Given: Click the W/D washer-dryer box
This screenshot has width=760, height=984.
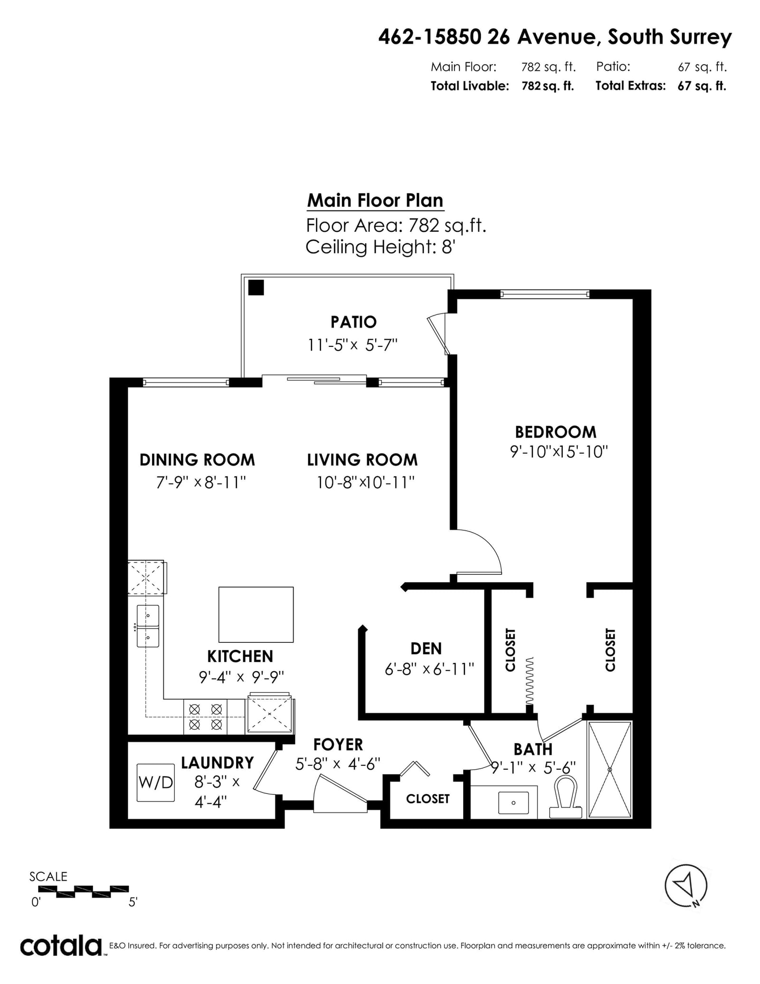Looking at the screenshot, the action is [x=155, y=783].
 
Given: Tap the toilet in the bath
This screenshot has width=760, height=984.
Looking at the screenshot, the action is [x=566, y=797].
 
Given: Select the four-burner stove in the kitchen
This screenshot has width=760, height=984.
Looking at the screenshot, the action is [x=205, y=717].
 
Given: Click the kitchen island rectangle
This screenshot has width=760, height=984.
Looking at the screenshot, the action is [x=256, y=614].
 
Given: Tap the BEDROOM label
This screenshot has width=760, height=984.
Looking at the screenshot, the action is [x=556, y=432].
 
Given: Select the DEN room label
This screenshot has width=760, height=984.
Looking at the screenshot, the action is [x=426, y=649].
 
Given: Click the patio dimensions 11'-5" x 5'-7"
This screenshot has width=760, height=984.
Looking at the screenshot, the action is [x=352, y=344].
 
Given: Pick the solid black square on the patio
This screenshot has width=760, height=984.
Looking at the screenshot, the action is [x=256, y=287].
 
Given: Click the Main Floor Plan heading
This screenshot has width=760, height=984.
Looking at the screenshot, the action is [x=375, y=201].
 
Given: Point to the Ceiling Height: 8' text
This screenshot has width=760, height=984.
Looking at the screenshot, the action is [x=380, y=247].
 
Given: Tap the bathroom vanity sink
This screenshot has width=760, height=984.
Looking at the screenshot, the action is [x=513, y=803].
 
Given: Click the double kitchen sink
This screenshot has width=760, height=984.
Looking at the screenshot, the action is [x=148, y=626].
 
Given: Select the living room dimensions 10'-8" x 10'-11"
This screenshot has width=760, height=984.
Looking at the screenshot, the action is [x=366, y=483].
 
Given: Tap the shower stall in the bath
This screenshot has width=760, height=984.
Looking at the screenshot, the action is [x=610, y=770].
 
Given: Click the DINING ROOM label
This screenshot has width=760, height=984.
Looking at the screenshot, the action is [x=197, y=460].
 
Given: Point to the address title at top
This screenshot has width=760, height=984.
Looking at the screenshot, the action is [x=555, y=37].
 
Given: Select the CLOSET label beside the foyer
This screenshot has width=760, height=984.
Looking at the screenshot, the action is [x=427, y=799].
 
